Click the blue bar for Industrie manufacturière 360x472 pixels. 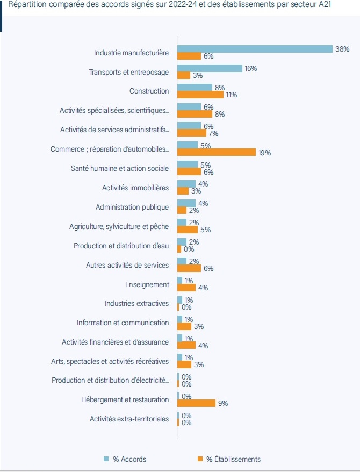click(x=255, y=49)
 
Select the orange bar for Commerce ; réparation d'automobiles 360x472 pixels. click(x=217, y=152)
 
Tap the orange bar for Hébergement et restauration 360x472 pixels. click(x=196, y=403)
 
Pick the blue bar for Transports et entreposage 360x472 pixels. click(x=210, y=68)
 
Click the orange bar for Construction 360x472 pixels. click(x=200, y=95)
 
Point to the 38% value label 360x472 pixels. click(x=342, y=49)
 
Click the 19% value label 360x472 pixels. click(x=264, y=153)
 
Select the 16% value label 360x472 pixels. click(x=250, y=68)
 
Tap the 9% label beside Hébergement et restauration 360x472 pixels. click(x=223, y=403)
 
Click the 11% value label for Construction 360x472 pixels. click(x=232, y=95)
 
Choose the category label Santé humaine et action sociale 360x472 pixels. click(x=120, y=168)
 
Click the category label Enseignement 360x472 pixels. click(x=147, y=284)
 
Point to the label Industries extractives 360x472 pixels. click(x=136, y=304)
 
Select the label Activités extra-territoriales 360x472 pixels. click(x=129, y=419)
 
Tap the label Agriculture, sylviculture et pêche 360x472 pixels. click(x=119, y=226)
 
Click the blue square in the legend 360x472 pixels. click(x=106, y=459)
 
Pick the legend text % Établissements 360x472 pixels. click(x=233, y=459)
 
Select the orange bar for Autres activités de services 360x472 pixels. click(x=189, y=268)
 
